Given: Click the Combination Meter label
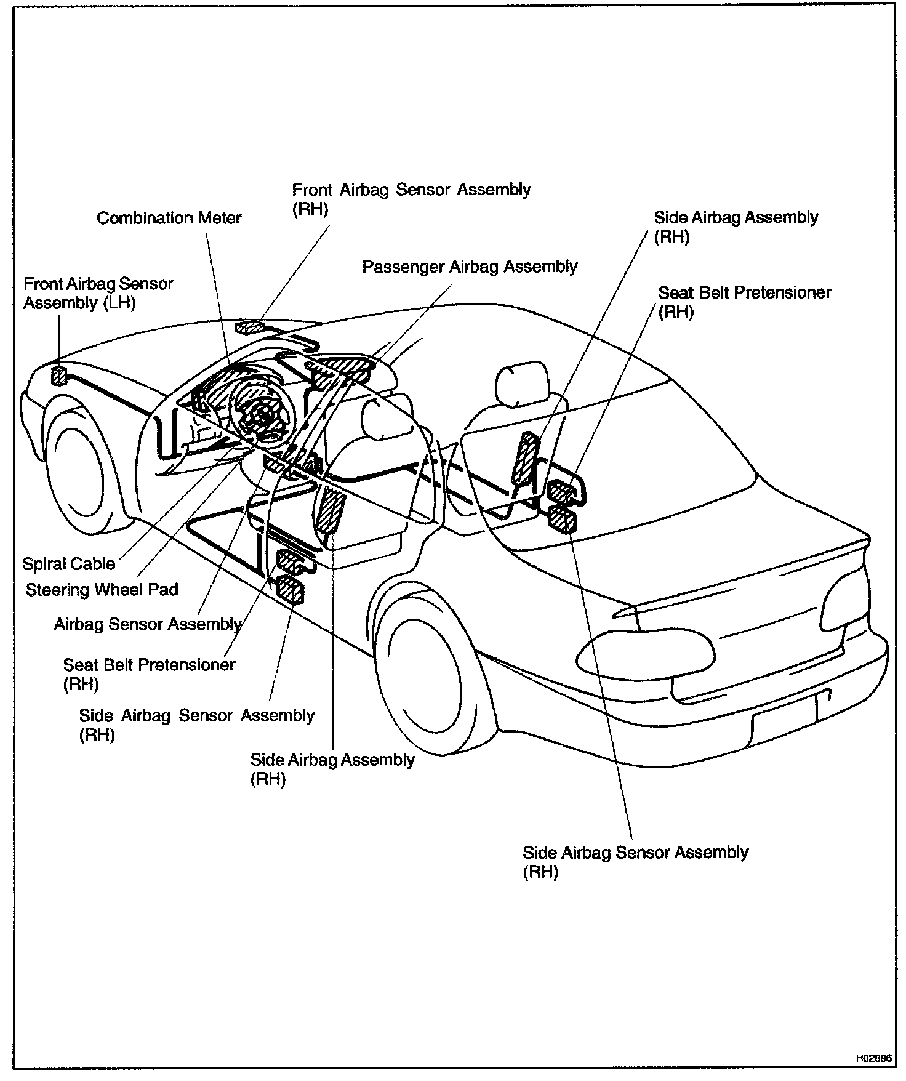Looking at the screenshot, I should [169, 218].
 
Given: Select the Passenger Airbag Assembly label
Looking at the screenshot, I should [470, 267].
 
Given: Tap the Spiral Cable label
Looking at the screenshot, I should [69, 564].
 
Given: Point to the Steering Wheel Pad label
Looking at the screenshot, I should [102, 590].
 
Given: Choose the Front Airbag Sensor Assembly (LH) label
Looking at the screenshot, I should [98, 293].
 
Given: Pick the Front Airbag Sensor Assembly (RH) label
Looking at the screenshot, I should [411, 198].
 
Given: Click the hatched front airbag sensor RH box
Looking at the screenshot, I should [249, 327].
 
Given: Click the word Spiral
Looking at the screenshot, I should [44, 564].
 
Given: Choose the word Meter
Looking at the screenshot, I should [220, 218].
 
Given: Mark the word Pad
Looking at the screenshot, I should [165, 590].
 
